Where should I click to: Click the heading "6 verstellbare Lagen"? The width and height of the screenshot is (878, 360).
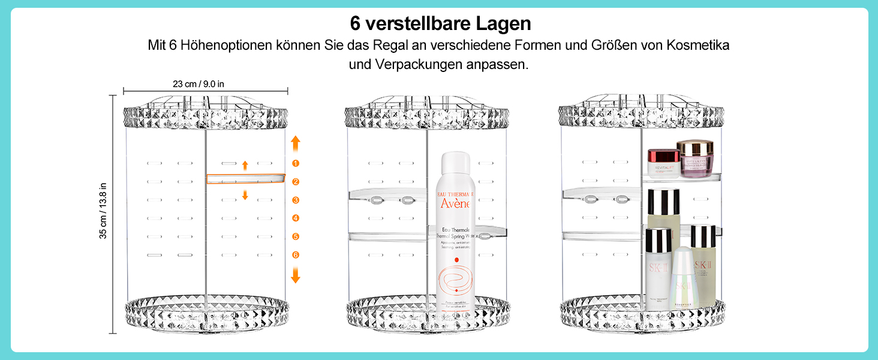click(x=441, y=24)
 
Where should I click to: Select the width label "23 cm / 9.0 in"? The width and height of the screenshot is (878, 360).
click(x=199, y=84)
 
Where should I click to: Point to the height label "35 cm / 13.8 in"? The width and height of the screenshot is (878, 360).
click(x=103, y=211)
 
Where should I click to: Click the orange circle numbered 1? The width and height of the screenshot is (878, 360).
click(x=296, y=163)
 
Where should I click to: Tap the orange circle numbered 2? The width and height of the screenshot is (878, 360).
click(x=296, y=182)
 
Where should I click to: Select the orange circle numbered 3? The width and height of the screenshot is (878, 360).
click(x=296, y=200)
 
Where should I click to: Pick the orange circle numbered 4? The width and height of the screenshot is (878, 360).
click(x=296, y=218)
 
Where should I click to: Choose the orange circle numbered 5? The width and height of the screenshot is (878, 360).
click(x=296, y=236)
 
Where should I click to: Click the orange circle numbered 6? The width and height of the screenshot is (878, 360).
click(x=296, y=255)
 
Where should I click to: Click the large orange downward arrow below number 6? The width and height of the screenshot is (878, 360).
click(x=296, y=275)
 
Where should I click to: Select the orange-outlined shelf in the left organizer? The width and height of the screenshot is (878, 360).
click(x=246, y=179)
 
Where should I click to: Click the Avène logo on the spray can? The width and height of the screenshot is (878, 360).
click(x=456, y=203)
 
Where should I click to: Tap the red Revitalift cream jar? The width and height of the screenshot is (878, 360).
click(x=664, y=163)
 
